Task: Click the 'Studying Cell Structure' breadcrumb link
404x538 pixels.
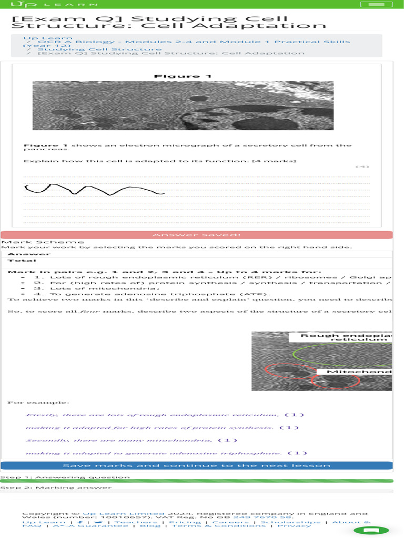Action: pos(99,49)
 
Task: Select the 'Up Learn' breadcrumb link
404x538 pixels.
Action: pos(41,38)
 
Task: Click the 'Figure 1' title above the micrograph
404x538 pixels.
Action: pos(183,76)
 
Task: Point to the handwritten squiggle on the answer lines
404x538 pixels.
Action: pos(95,189)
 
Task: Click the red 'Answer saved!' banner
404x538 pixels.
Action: pos(196,235)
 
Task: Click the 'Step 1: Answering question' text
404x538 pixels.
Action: pos(65,477)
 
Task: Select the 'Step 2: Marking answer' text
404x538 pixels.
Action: pos(56,488)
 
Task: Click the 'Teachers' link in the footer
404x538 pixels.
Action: pos(129,522)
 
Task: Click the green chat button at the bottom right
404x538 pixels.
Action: pos(371,530)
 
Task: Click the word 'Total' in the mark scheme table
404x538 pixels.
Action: pos(22,261)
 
